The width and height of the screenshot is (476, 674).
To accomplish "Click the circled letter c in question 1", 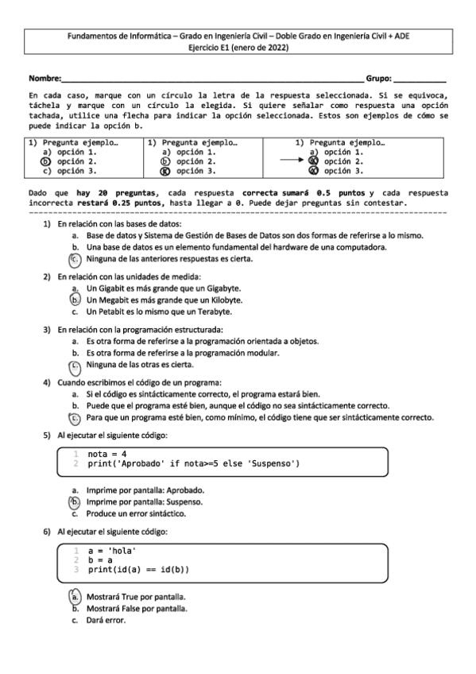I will point(75,259).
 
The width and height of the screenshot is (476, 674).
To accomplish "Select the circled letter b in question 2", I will point(75,300).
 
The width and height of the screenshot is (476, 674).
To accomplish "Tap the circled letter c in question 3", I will point(75,366).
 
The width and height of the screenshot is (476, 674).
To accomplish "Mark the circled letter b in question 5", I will point(75,502).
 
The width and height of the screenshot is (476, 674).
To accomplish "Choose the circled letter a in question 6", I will point(75,595).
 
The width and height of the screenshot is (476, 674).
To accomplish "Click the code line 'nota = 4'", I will point(107,454).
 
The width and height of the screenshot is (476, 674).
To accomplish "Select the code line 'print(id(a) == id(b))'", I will point(138,570).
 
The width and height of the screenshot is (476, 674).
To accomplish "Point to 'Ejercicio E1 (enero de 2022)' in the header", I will point(238,48).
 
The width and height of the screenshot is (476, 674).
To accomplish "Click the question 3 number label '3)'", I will point(47,329).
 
